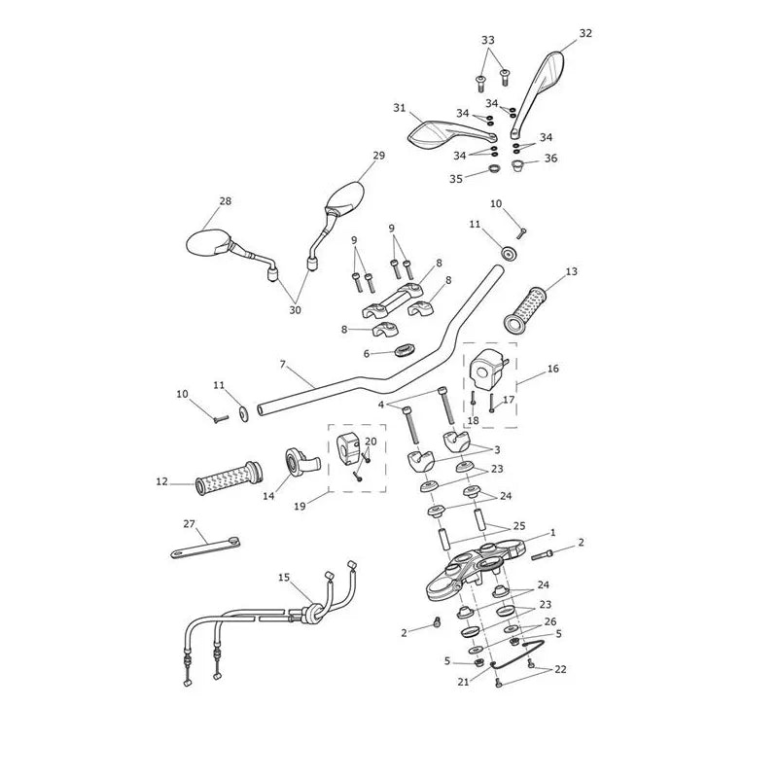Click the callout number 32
point(585,33)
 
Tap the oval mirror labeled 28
point(207,242)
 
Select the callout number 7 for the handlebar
point(283,365)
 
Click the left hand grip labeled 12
point(230,478)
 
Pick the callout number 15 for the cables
point(284,578)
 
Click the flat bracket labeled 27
point(205,548)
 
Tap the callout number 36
point(550,159)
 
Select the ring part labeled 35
point(494,168)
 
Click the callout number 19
point(300,507)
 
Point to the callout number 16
point(552,369)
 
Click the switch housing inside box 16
point(489,371)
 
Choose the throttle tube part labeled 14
point(301,460)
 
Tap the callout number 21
point(463,683)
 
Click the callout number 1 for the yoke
point(553,532)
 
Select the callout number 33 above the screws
point(488,40)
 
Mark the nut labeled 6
point(405,351)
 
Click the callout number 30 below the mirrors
point(295,310)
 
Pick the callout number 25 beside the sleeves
point(518,526)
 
